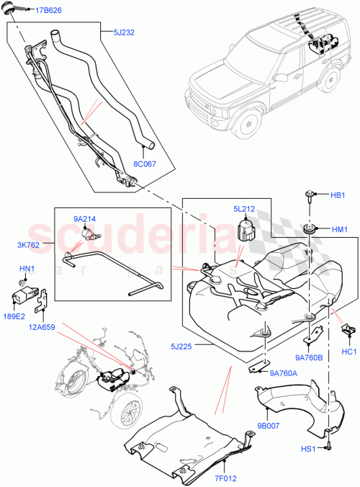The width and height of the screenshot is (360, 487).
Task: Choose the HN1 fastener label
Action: tap(25, 269)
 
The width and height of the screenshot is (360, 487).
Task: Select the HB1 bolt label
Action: tap(338, 195)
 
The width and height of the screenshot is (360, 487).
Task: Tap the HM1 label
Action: tap(339, 230)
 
